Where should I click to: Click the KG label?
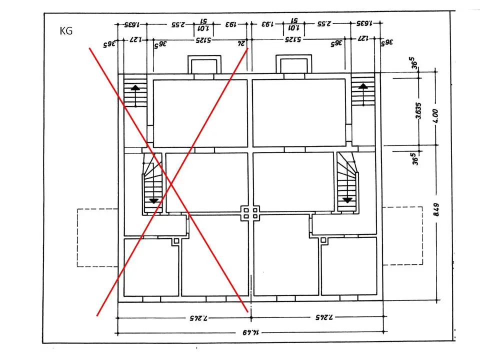66,31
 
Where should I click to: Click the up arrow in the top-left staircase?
135,89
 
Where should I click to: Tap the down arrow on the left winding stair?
153,200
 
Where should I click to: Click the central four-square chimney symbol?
250,214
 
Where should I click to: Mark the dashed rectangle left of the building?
97,236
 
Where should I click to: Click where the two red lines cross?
171,185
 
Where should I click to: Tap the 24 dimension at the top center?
242,43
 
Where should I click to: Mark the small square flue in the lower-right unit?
324,241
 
